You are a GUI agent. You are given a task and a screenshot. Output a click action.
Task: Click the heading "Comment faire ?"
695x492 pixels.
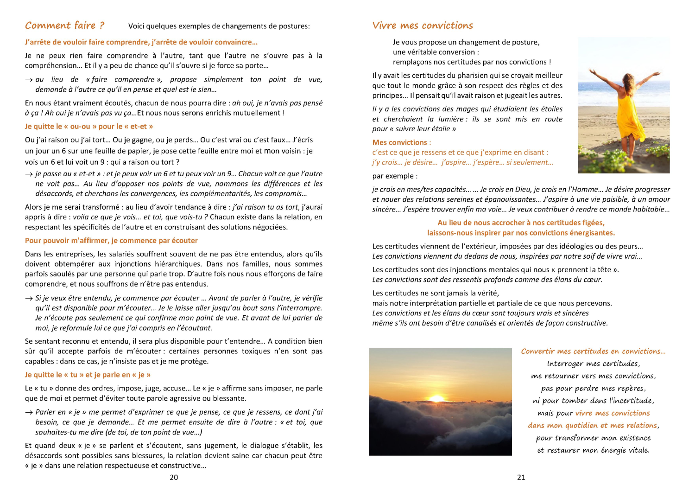coord(65,26)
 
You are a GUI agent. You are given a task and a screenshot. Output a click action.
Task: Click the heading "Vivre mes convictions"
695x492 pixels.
coord(423,26)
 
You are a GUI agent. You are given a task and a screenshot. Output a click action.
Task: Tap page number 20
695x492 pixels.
coord(174,477)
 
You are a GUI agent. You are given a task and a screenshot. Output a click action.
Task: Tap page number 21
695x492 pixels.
coord(521,477)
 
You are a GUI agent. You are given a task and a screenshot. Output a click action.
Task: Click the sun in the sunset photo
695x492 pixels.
coord(437,398)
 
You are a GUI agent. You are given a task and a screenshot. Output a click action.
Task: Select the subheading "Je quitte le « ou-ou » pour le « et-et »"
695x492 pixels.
coord(89,126)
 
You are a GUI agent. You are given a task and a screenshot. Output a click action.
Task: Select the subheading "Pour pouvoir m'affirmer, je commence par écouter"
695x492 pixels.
coord(111,240)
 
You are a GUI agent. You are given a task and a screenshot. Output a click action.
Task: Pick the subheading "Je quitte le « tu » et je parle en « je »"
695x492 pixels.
coord(88,375)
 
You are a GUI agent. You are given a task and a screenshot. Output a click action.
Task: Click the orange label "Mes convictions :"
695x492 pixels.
coord(401,142)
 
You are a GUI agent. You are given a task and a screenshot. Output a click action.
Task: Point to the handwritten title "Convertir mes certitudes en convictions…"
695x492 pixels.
coord(593,351)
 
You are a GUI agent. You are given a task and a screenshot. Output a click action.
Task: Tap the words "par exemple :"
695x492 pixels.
coord(395,176)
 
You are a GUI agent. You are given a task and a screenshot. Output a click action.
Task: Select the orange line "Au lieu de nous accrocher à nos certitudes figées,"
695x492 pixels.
coord(521,223)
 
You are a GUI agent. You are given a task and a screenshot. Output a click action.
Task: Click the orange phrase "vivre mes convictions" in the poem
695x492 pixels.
coord(613,413)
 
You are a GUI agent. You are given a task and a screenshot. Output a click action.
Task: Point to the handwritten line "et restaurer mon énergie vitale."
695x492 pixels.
coord(593,450)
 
